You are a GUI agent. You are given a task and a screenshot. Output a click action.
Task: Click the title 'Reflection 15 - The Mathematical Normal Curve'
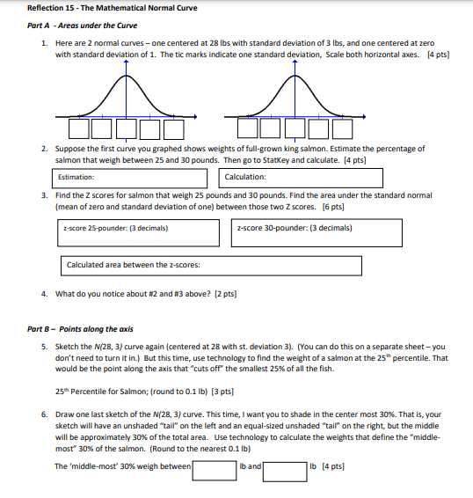click(100, 8)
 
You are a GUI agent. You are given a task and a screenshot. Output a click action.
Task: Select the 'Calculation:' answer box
click(302, 178)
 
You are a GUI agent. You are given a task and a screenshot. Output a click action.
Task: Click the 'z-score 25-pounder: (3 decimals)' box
click(137, 233)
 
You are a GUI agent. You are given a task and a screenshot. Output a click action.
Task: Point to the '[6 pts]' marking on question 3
click(331, 207)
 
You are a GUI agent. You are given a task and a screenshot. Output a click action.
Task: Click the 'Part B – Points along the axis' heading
click(81, 329)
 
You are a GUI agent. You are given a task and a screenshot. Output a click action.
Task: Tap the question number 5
click(45, 347)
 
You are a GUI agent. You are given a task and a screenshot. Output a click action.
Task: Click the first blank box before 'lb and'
click(213, 466)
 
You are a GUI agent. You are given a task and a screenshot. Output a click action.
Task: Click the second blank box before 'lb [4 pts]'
click(285, 466)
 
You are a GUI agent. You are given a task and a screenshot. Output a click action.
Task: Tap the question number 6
click(45, 411)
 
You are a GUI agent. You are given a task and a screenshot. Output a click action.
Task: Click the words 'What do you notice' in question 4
click(85, 295)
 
